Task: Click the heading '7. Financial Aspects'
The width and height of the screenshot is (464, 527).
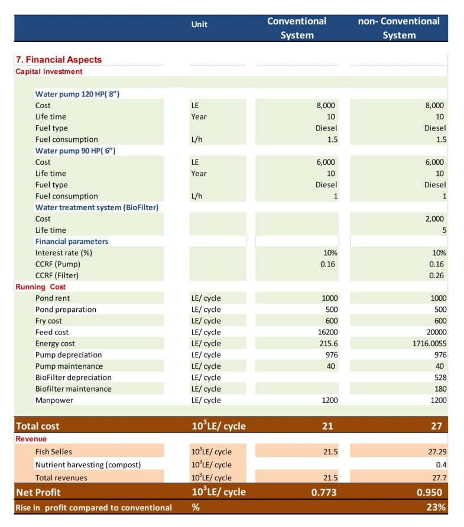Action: click(59, 60)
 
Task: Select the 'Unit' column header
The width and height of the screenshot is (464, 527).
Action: click(199, 25)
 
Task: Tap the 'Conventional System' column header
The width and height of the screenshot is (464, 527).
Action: click(297, 28)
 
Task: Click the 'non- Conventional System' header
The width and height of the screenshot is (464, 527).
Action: click(399, 28)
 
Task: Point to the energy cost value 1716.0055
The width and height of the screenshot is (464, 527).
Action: click(427, 343)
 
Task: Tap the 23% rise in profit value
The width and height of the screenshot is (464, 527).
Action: click(437, 507)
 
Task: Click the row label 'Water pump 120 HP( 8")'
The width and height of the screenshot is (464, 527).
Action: click(77, 94)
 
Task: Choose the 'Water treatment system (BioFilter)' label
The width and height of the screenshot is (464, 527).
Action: click(97, 207)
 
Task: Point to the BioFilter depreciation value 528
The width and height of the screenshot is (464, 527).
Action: click(439, 378)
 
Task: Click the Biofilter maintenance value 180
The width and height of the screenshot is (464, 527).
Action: click(439, 389)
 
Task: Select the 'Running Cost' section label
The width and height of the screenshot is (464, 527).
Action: click(41, 287)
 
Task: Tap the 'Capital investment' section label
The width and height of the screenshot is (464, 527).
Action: click(49, 71)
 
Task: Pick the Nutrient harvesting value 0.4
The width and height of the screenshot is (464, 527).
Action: click(440, 464)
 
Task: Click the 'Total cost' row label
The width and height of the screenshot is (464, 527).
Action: click(38, 425)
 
